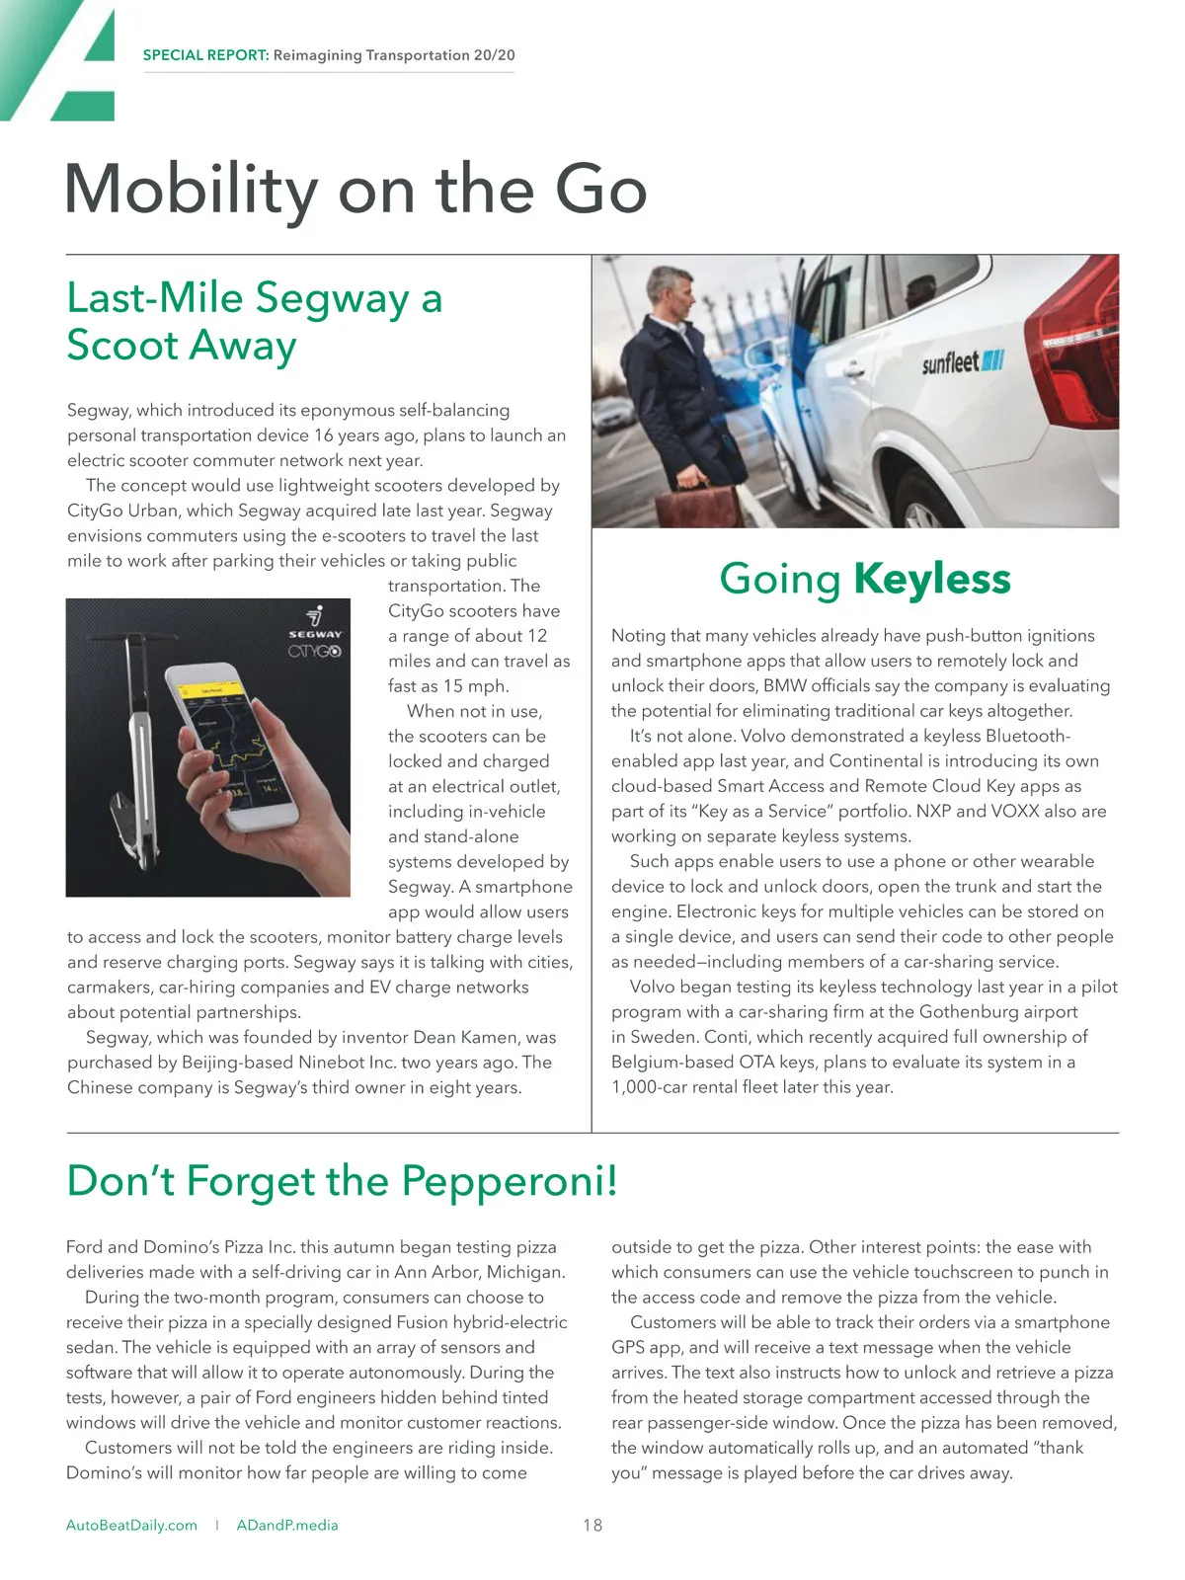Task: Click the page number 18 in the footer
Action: (592, 1525)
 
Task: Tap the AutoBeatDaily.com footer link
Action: (131, 1525)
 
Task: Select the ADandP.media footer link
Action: (287, 1525)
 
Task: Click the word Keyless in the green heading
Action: (932, 579)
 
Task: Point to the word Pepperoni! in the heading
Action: (510, 1181)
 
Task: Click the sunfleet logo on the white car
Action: (962, 362)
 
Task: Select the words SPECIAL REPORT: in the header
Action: (205, 55)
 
